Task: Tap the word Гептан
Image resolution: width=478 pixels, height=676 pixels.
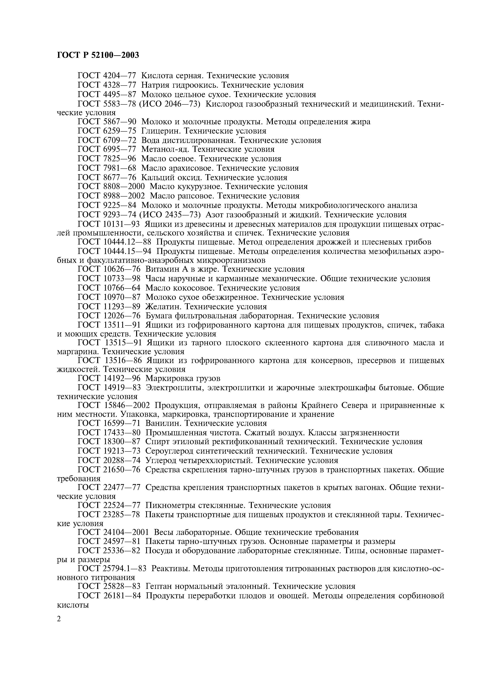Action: [159, 586]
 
